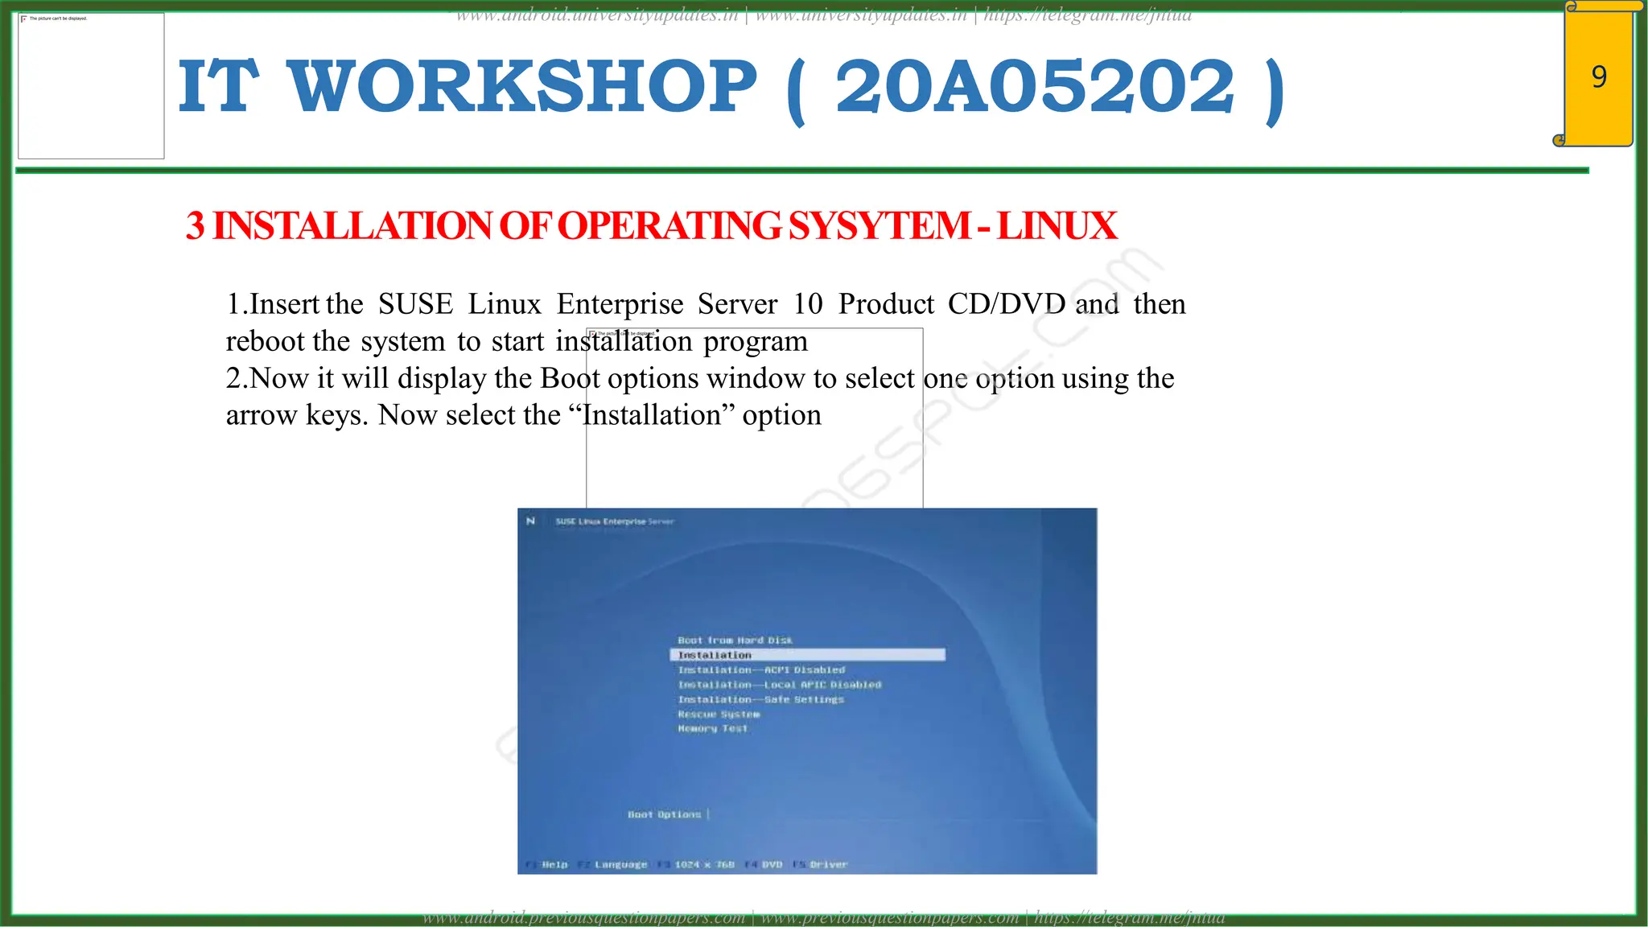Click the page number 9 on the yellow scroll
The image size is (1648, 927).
[x=1599, y=77]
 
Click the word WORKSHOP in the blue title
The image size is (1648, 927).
[x=522, y=87]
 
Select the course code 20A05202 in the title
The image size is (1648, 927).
[x=1034, y=87]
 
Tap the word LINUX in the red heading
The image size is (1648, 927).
[x=1057, y=226]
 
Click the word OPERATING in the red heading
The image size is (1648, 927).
[x=669, y=226]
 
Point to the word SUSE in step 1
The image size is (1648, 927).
[x=415, y=304]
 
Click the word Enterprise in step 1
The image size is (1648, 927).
[x=620, y=304]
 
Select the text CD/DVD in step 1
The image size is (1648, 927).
[x=1006, y=304]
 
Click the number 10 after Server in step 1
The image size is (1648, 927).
[x=808, y=304]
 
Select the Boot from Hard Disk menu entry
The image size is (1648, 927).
[x=735, y=641]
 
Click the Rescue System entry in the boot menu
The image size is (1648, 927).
[x=719, y=715]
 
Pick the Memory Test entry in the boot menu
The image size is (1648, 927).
[x=713, y=729]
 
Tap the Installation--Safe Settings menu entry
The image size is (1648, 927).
[x=761, y=700]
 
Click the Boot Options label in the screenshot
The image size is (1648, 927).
[x=665, y=814]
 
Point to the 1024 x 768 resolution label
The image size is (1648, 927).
[x=704, y=865]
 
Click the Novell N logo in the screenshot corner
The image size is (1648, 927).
[x=530, y=521]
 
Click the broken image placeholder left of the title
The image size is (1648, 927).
[x=91, y=86]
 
